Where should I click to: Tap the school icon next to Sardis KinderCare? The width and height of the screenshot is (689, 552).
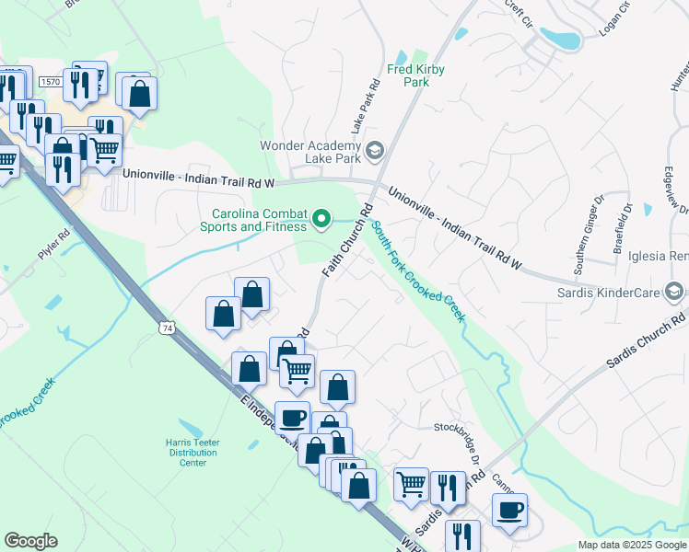pyautogui.click(x=675, y=293)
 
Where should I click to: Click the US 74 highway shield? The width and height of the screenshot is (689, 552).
pyautogui.click(x=166, y=328)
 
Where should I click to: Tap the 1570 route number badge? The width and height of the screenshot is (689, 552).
pyautogui.click(x=50, y=83)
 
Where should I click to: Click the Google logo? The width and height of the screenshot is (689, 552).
pyautogui.click(x=30, y=541)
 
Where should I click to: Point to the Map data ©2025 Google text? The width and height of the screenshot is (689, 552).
pyautogui.click(x=631, y=545)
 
